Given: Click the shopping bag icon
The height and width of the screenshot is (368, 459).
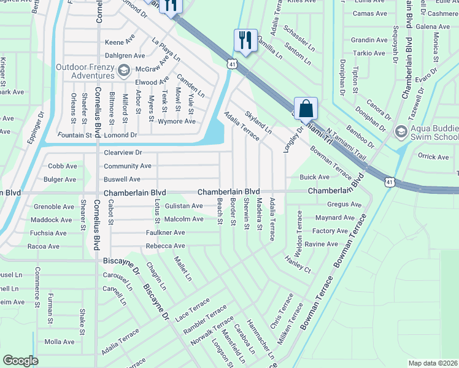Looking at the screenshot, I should (306, 109).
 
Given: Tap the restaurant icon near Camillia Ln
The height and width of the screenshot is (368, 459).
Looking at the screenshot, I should (245, 40).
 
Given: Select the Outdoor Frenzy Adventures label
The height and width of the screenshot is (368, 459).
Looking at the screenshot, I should (85, 72).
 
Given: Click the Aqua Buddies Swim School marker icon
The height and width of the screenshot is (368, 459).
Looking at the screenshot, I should (401, 131).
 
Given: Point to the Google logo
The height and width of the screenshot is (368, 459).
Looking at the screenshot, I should (20, 361).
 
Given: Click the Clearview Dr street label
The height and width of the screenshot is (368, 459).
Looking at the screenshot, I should (123, 152).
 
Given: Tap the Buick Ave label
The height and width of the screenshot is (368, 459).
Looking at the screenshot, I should (315, 177).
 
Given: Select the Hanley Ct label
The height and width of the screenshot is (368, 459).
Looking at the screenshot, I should (298, 264).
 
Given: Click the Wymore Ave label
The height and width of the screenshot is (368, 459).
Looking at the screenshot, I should (177, 121).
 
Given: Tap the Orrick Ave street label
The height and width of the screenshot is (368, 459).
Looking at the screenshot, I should (433, 156).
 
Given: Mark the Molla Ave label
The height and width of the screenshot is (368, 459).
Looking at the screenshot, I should (60, 342).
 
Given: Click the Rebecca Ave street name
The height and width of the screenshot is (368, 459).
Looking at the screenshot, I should (165, 246).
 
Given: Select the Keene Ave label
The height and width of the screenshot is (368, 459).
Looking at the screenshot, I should (120, 42).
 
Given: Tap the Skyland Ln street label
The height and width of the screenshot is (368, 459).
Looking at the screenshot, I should (258, 123).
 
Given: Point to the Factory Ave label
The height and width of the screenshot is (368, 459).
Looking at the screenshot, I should (330, 231).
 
